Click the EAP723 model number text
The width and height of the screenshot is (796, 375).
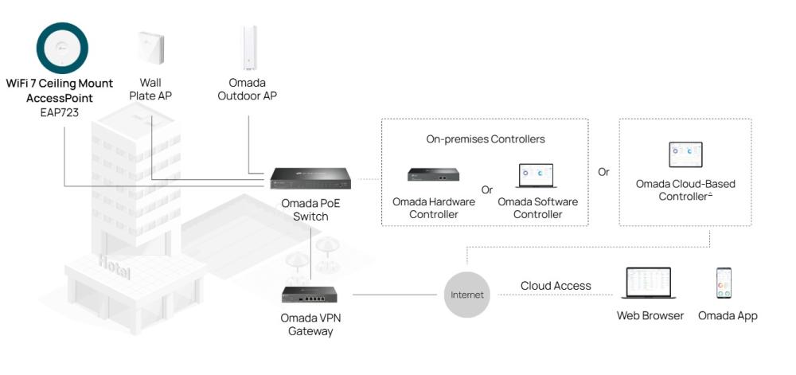tap(60, 112)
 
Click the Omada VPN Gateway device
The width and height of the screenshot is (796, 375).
tap(310, 295)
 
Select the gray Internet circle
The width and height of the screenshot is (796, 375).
tap(467, 295)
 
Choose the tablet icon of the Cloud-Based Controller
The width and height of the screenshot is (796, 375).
tap(685, 154)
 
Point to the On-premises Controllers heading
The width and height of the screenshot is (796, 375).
tap(485, 139)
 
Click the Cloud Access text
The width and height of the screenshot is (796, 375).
tap(556, 286)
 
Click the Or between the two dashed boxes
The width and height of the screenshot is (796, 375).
tap(603, 172)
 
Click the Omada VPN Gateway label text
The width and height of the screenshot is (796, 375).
tap(310, 324)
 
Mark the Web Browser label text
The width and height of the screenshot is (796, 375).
tap(650, 316)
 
